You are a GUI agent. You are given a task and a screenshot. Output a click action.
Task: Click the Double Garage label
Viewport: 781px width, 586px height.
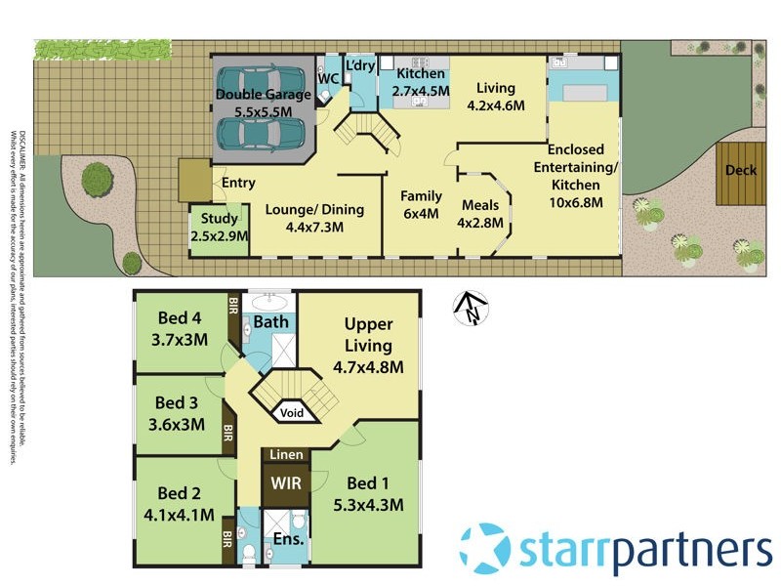(263, 96)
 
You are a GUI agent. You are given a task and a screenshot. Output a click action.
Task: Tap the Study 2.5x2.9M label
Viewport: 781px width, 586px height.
(219, 227)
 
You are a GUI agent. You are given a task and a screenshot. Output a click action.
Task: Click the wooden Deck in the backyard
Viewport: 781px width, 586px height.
(739, 171)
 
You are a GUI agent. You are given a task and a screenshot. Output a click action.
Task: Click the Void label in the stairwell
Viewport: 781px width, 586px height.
(292, 413)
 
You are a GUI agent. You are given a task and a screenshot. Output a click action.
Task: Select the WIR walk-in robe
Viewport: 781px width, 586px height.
(286, 482)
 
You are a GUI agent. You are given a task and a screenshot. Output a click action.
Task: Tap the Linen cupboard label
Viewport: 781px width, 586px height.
(286, 455)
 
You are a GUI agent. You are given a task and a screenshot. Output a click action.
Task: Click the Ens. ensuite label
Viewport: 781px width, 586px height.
(285, 537)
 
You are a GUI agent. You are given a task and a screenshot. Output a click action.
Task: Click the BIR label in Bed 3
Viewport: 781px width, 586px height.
(227, 431)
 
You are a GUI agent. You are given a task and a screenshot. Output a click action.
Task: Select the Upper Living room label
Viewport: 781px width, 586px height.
(368, 334)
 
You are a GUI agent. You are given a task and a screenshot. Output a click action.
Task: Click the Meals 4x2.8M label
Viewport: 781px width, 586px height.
(480, 214)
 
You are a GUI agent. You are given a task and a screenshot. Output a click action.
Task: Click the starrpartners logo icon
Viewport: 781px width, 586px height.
(484, 547)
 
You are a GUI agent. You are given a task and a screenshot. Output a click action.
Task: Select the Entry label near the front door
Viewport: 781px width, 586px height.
(238, 183)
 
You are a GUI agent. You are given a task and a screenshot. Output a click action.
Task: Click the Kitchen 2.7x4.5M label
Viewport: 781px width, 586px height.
(421, 82)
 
